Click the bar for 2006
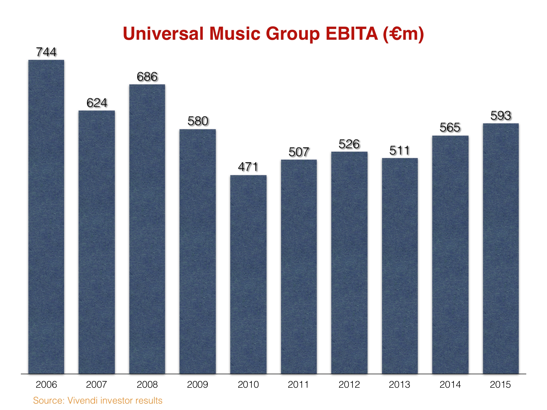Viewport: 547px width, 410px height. tap(46, 217)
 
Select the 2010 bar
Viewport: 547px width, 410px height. tap(248, 274)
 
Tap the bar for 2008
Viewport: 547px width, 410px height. tap(147, 229)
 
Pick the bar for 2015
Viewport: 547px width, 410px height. tap(501, 248)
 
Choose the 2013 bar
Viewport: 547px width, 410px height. tap(400, 266)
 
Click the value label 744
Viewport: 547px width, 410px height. tap(46, 52)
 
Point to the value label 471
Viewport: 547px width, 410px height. tap(248, 167)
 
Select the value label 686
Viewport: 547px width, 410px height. tap(147, 77)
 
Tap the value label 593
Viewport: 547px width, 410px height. tap(501, 116)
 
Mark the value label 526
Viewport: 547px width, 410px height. tap(349, 144)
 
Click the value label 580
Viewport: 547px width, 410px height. tap(198, 121)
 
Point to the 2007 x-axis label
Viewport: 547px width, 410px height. tap(96, 384)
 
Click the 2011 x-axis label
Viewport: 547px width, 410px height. tap(298, 384)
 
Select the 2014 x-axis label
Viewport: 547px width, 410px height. tap(450, 384)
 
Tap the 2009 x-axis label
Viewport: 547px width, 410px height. tap(197, 384)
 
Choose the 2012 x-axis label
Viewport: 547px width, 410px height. tap(349, 384)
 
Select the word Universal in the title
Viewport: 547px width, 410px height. tap(163, 34)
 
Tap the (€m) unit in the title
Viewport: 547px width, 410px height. tap(403, 34)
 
